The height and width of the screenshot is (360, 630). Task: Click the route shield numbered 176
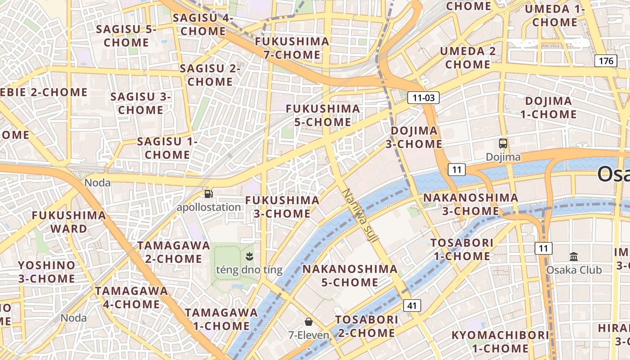point(605,61)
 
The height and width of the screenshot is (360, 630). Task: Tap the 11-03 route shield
point(423,98)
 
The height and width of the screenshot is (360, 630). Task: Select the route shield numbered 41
point(412,306)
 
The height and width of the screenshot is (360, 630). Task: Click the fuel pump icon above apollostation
point(209,194)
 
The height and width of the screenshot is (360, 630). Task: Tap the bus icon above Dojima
point(503,144)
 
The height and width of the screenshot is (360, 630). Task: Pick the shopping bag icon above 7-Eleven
point(309,322)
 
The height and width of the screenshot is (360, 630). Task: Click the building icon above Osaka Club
point(574,257)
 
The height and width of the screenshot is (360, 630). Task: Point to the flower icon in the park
point(249,257)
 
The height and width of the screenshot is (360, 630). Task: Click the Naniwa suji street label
point(359,216)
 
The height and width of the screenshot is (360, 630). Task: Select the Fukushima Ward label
point(69,222)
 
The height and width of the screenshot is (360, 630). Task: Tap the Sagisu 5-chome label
point(126,36)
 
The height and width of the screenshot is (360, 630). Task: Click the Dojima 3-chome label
point(414,137)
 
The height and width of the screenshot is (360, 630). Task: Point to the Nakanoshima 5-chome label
point(350,276)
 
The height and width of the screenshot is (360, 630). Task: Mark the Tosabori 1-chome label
point(462,249)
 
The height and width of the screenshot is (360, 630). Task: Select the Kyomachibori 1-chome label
point(500,342)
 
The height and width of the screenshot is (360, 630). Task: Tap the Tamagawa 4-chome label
point(131,297)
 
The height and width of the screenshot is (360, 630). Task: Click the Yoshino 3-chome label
point(47,272)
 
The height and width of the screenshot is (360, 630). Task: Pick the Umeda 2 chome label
point(468,58)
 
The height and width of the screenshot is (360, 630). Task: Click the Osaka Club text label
point(574,270)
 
